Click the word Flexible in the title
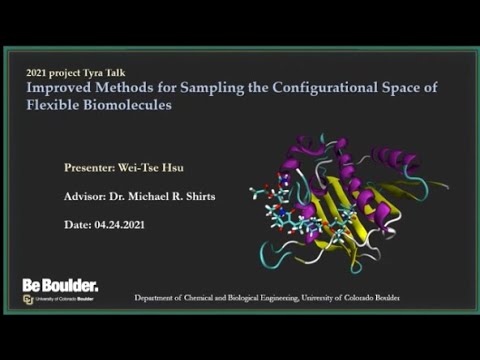(51, 104)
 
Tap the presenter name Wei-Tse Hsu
(156, 168)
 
